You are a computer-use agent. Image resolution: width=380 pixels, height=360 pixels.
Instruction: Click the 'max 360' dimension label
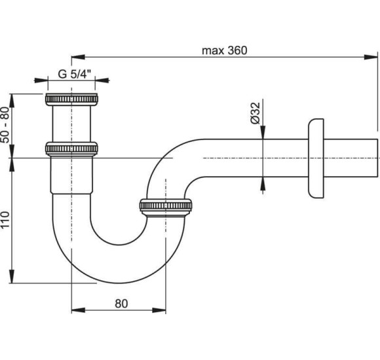click(225, 50)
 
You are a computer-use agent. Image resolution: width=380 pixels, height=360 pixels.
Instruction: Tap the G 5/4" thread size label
click(75, 74)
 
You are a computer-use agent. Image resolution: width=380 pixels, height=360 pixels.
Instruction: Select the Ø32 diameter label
click(256, 113)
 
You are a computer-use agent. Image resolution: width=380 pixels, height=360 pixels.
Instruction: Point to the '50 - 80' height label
click(5, 124)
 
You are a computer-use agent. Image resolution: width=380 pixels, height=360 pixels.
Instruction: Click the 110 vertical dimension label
click(5, 219)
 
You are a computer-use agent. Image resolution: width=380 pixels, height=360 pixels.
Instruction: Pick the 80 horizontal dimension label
click(121, 303)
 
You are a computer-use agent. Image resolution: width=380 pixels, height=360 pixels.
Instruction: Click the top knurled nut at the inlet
click(71, 99)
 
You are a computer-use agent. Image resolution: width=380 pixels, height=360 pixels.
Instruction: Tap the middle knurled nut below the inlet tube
click(71, 149)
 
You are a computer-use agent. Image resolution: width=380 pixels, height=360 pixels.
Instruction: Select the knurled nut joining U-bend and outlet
click(166, 207)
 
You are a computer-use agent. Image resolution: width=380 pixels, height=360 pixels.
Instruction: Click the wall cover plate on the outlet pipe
click(316, 158)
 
